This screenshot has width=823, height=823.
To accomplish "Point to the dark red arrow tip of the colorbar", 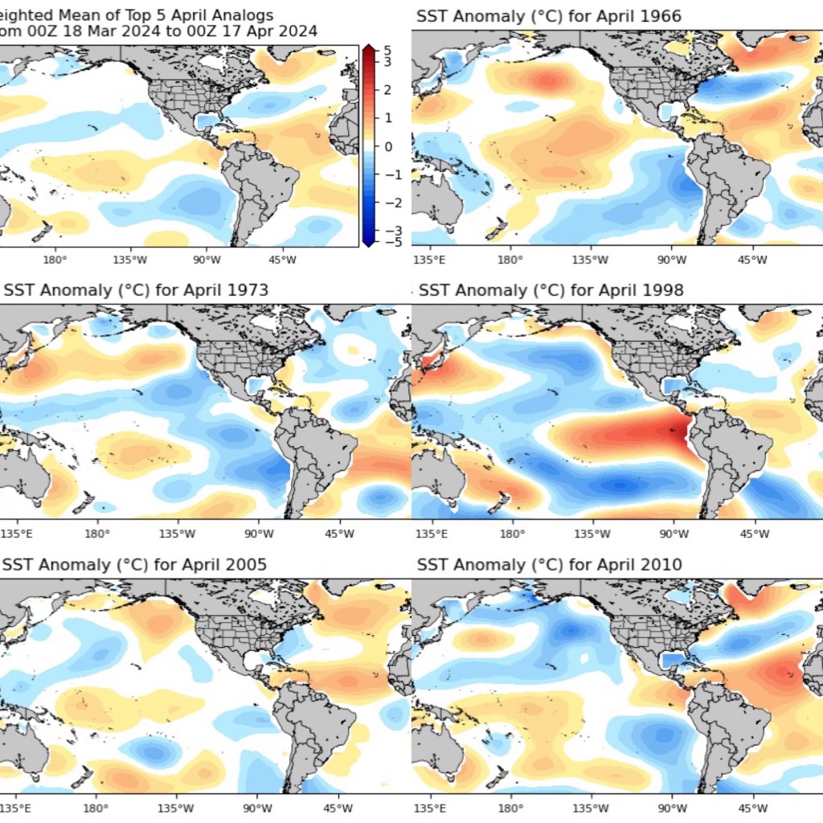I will point(367,51).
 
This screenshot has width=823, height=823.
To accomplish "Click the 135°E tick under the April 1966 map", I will point(428,260).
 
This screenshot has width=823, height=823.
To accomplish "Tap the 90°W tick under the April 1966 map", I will point(672,260).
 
